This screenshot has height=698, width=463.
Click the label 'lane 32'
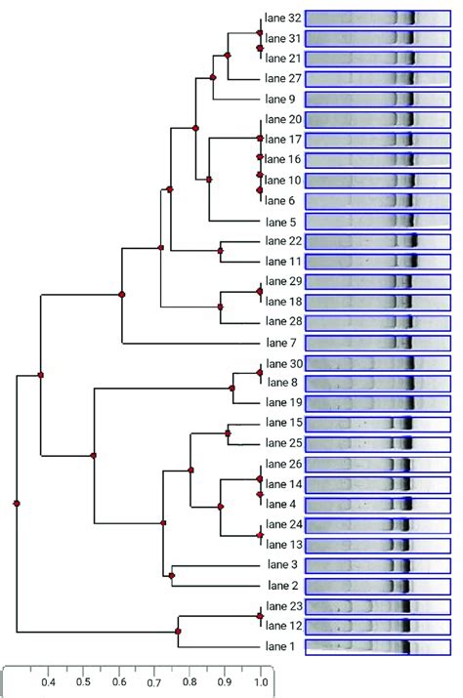[283, 18]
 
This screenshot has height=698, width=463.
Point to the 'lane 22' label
[283, 241]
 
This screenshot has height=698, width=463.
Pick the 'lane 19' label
[283, 402]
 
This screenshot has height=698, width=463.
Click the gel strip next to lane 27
[378, 79]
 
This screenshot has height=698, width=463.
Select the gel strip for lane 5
[378, 221]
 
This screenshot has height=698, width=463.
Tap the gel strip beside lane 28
[378, 322]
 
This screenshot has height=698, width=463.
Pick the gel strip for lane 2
[378, 586]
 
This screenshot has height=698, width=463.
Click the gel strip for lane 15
[378, 424]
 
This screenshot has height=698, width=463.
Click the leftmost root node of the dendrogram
[17, 503]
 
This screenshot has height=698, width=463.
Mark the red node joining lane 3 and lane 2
[172, 576]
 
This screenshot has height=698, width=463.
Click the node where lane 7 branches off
[122, 294]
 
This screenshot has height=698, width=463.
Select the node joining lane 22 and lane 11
[221, 252]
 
